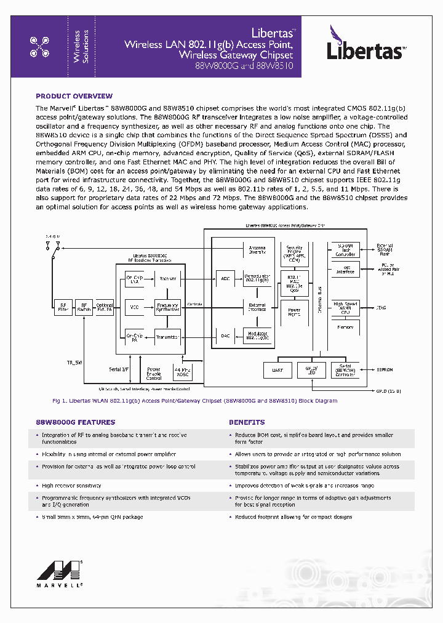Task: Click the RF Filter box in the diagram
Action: click(x=63, y=307)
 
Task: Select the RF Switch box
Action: click(x=84, y=307)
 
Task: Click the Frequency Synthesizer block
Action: click(x=167, y=307)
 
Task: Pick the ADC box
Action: click(x=225, y=278)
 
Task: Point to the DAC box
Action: click(x=225, y=336)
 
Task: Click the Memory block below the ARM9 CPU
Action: click(x=345, y=328)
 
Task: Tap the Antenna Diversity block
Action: click(x=257, y=249)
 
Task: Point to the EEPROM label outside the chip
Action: click(x=385, y=370)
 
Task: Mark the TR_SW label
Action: click(x=74, y=362)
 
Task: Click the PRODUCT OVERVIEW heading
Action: click(x=74, y=96)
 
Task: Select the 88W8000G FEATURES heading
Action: click(x=75, y=422)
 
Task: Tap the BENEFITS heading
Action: click(x=247, y=422)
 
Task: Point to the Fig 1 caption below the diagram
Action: click(x=195, y=401)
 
